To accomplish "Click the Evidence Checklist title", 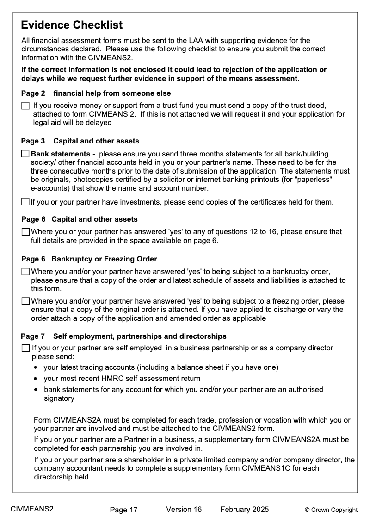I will [72, 25].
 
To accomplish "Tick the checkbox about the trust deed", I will [25, 106].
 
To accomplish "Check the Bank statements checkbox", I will [25, 154].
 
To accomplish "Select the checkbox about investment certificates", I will [25, 202].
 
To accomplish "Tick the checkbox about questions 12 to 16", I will [25, 232].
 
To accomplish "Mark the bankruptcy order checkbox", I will [25, 272].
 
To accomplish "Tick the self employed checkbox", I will [25, 348].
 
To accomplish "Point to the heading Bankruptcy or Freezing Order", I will [104, 259].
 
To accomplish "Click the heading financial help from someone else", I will [112, 93].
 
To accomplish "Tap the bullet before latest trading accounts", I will [37, 368].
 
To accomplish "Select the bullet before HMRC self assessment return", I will [37, 379].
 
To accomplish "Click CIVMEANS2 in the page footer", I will [32, 509].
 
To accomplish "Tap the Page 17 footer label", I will [123, 510].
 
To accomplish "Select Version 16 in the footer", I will [184, 510].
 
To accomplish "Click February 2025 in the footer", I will [244, 510].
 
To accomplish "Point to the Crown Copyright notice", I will [331, 510].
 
